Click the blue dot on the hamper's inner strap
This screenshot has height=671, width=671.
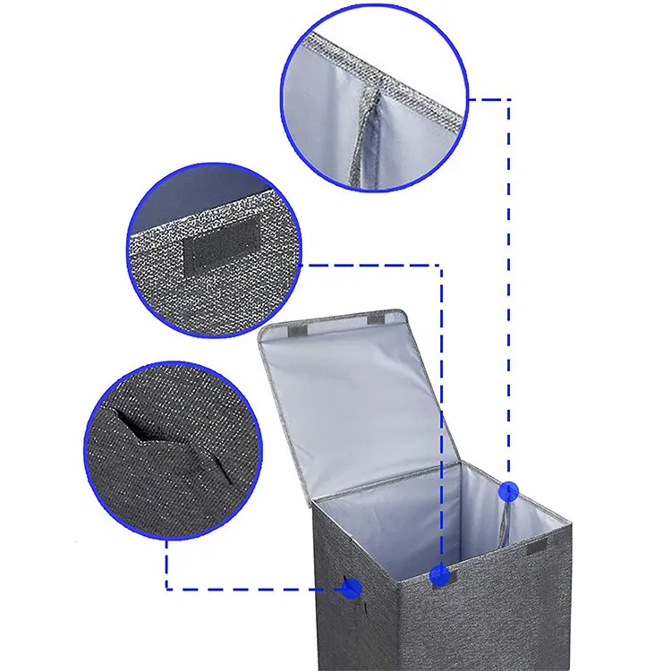click(509, 490)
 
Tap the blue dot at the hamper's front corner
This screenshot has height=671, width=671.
click(439, 575)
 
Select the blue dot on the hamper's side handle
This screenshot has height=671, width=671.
click(352, 588)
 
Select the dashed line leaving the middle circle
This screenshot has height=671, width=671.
click(376, 264)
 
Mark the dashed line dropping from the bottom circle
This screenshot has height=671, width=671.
click(166, 564)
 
